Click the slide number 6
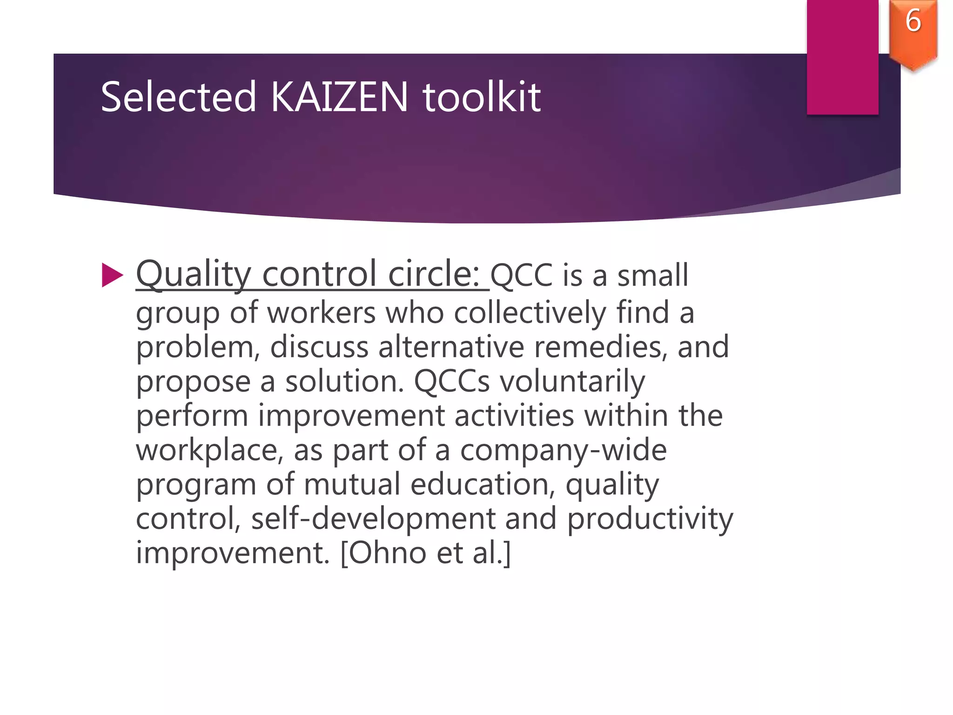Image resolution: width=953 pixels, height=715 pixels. (913, 21)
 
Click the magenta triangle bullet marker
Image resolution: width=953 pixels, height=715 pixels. (112, 275)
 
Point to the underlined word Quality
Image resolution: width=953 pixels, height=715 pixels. (193, 275)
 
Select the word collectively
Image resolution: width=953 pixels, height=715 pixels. (530, 312)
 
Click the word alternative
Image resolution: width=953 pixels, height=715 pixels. (451, 347)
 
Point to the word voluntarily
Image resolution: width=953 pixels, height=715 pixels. (572, 382)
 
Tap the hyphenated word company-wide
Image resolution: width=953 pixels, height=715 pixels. (563, 451)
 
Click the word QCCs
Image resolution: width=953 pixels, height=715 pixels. (452, 382)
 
